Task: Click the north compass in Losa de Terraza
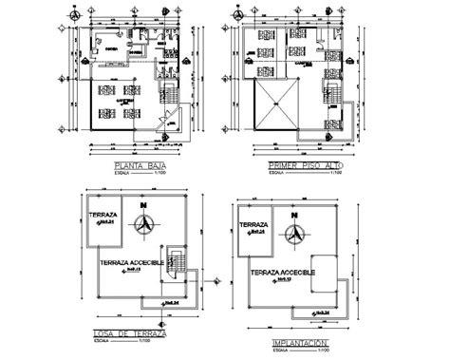(144, 225)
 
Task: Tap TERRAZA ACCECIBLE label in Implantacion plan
(290, 272)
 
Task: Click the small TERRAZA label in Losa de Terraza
(102, 216)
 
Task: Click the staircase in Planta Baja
(168, 95)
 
